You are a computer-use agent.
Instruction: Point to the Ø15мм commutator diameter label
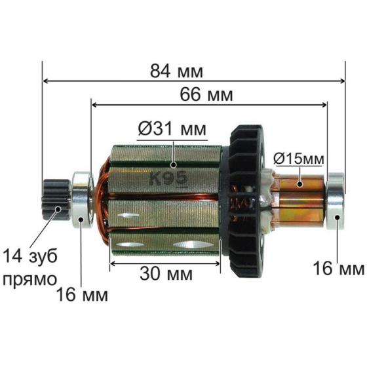299,158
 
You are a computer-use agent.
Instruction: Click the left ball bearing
81,195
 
